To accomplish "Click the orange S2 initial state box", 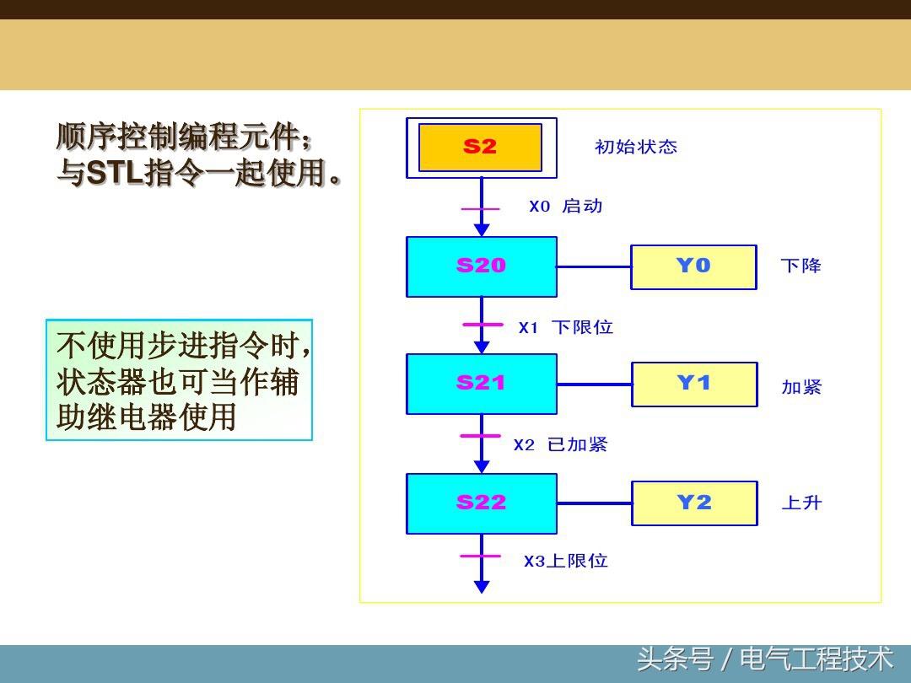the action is [x=480, y=148].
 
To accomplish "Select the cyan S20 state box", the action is [x=481, y=266].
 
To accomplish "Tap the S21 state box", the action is [x=481, y=384].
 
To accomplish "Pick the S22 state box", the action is [x=481, y=503].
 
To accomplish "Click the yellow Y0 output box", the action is [x=693, y=266].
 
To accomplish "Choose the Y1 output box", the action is [x=694, y=384].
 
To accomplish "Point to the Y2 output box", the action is [x=694, y=503].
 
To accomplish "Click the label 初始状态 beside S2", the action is [x=636, y=147].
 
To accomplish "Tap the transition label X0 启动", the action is [x=565, y=207].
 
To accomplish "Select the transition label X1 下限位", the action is [x=565, y=327].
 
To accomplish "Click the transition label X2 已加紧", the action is [x=560, y=444].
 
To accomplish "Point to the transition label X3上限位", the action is [x=565, y=561].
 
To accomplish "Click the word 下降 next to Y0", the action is [x=800, y=266].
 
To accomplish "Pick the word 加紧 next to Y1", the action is [x=800, y=387].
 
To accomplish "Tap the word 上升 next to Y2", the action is [x=800, y=503].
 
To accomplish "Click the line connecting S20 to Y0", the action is [x=594, y=266].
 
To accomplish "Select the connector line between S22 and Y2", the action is [x=594, y=503].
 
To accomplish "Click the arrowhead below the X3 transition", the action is [x=482, y=586].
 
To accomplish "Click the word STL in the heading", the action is [x=116, y=174].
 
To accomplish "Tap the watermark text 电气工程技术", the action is [x=816, y=659].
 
